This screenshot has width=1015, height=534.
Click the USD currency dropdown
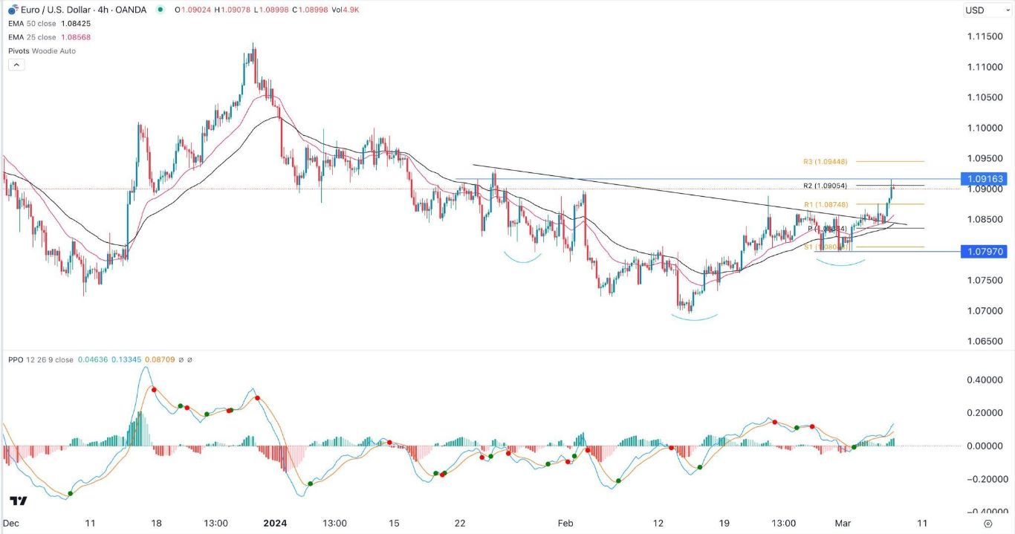click(x=981, y=10)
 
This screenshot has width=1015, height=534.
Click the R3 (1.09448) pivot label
click(x=825, y=161)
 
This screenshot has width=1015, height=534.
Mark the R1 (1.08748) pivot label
click(x=825, y=203)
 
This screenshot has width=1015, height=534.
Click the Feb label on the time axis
click(x=566, y=523)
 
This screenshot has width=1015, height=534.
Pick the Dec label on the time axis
click(x=11, y=523)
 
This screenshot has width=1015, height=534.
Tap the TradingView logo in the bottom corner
click(x=19, y=502)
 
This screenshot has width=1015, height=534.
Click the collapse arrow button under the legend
click(x=16, y=65)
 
